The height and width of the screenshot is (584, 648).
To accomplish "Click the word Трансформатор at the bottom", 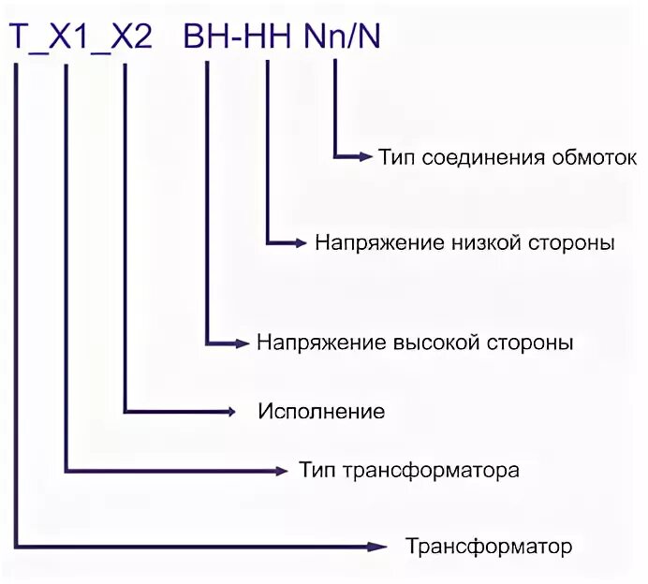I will pos(488,545).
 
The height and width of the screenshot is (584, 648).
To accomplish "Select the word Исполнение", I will pos(321,411).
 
